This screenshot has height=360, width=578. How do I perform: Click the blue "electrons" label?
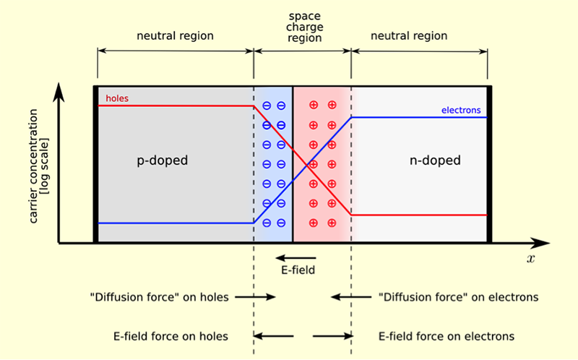461,111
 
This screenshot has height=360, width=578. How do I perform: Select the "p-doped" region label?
162,160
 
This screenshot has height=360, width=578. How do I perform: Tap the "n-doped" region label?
433,160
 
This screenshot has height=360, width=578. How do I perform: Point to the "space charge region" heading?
303,26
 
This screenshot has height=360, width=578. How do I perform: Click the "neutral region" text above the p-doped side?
176,35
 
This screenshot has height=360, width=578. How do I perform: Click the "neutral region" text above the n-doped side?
408,35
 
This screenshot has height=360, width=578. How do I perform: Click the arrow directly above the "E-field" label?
296,257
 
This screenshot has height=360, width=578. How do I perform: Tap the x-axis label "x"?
530,258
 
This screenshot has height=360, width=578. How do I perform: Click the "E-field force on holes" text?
171,336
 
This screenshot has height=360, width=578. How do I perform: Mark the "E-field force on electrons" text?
447,336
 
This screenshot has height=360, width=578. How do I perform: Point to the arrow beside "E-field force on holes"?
274,336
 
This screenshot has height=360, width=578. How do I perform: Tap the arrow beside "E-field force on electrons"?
332,336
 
